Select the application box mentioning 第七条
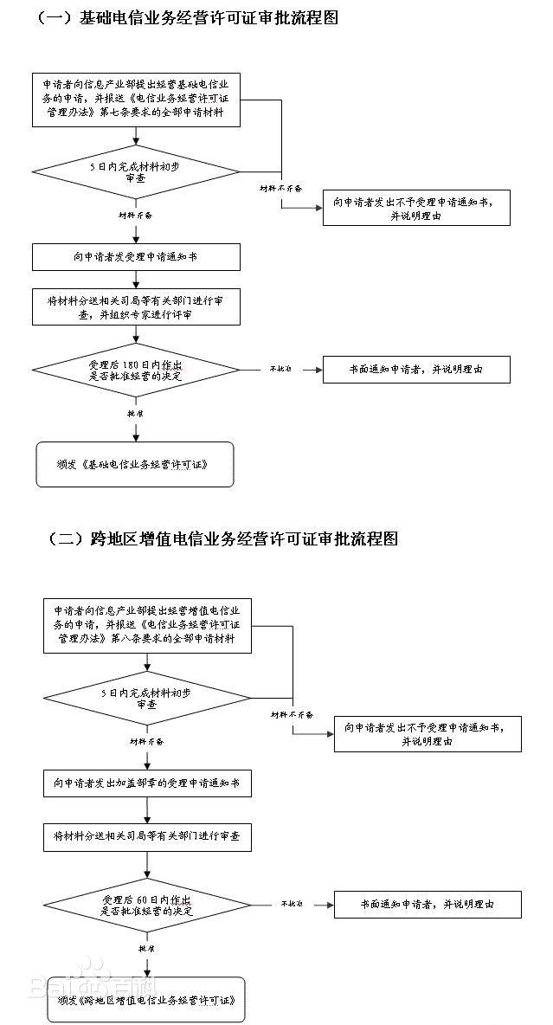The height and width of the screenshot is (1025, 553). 136,100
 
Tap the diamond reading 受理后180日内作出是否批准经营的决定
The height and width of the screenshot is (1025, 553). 136,371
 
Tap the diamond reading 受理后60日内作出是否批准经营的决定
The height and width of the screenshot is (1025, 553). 147,906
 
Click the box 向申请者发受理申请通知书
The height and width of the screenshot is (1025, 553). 136,256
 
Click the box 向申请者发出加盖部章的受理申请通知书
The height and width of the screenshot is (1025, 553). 147,784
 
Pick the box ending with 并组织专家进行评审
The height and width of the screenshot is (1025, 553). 136,307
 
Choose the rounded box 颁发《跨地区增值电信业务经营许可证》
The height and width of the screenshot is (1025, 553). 146,1000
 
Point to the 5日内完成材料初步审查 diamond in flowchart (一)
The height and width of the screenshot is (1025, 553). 136,171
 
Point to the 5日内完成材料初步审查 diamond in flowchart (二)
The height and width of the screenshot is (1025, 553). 147,699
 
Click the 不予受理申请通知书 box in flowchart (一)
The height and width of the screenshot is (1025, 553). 416,208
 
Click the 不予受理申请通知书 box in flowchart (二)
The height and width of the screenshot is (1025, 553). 428,734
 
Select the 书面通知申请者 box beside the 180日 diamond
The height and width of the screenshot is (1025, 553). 416,370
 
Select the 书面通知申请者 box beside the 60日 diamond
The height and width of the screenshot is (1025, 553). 428,905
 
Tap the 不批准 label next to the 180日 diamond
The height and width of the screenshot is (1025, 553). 280,369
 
